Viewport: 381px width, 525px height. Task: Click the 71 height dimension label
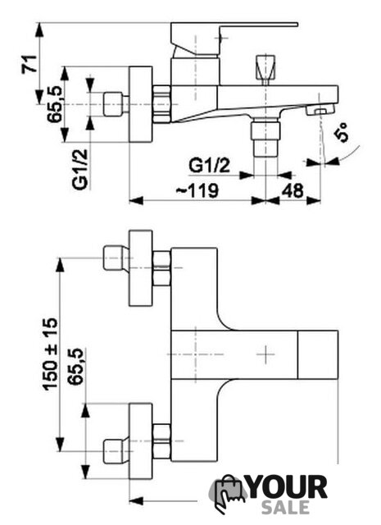(x=29, y=64)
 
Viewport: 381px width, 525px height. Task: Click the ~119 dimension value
(x=197, y=190)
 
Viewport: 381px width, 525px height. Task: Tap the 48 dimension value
(x=293, y=190)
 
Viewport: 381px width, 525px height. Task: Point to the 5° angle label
(x=342, y=132)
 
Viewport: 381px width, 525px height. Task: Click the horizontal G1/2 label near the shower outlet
(x=210, y=166)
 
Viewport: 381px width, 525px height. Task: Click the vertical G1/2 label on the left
(x=80, y=170)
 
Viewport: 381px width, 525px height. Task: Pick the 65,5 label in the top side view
(x=55, y=104)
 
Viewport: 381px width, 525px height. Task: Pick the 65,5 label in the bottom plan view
(x=75, y=367)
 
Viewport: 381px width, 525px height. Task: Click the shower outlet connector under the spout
(x=266, y=138)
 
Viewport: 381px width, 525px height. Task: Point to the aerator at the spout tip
(x=320, y=110)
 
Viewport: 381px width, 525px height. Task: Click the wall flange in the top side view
(x=140, y=104)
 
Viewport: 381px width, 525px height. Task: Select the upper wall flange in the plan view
(x=140, y=268)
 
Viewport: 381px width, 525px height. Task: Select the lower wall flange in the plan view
(x=140, y=441)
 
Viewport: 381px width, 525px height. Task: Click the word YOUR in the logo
(x=287, y=487)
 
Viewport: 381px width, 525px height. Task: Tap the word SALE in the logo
(x=285, y=508)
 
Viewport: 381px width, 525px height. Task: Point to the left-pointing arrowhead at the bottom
(x=136, y=501)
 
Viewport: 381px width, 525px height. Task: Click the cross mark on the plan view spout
(x=266, y=354)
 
